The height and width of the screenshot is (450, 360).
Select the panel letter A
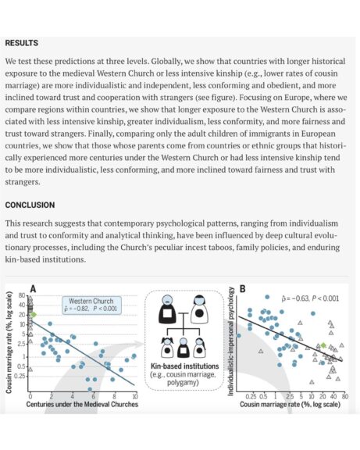tap(33, 289)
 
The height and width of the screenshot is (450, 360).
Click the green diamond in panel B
tap(323, 345)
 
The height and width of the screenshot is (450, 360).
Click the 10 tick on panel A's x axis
tap(135, 396)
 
